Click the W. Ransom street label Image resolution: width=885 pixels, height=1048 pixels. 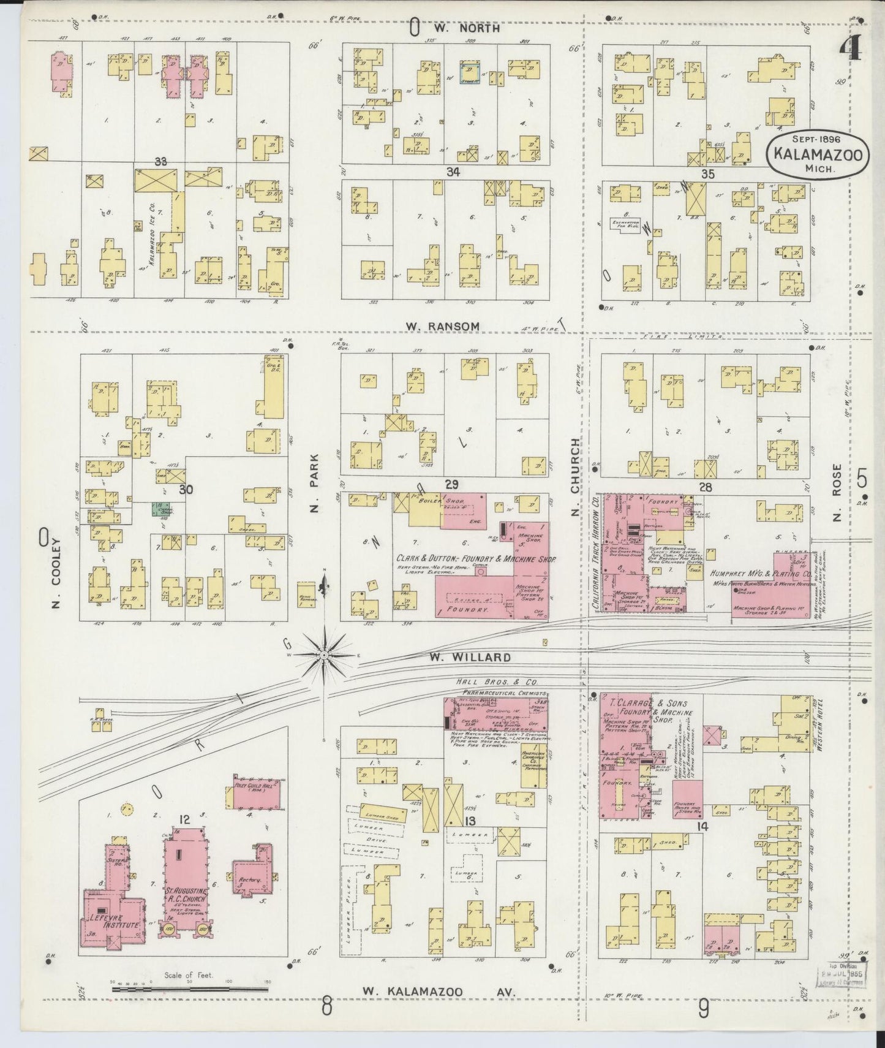coord(442,326)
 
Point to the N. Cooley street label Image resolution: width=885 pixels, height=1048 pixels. coord(58,572)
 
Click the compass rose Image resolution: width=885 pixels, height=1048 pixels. coord(323,655)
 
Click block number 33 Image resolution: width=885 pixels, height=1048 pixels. coord(161,161)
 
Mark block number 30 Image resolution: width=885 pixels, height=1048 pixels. coord(186,489)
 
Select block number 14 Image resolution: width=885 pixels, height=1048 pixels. coord(702,826)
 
